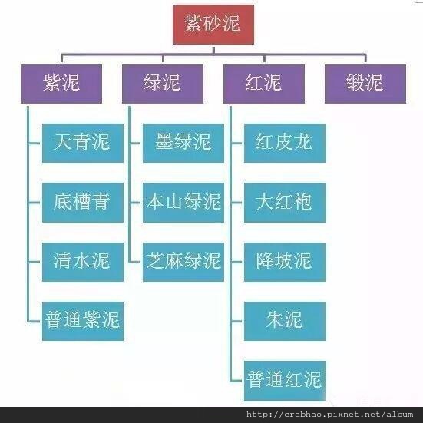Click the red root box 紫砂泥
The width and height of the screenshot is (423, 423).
pos(213,25)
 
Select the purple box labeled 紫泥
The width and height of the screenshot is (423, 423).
pos(61,84)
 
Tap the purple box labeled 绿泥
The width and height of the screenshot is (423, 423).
pos(163,84)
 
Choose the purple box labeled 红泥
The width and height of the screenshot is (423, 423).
pos(264,84)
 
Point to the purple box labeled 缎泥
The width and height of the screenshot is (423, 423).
pos(365,84)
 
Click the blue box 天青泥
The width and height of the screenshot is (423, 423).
pos(83,143)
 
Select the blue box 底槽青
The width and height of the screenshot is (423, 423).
pos(83,203)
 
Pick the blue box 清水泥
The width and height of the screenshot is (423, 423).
pos(83,262)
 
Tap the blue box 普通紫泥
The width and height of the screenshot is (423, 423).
pos(83,321)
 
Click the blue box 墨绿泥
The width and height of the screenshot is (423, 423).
pos(183,143)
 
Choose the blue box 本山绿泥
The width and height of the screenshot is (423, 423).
pos(183,203)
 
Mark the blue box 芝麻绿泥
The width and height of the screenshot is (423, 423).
pos(183,262)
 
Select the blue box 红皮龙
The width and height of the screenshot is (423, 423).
pos(285,143)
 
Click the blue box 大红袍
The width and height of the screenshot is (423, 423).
pos(285,203)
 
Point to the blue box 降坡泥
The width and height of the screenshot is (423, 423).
pos(285,262)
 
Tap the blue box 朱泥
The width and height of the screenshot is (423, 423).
pos(285,321)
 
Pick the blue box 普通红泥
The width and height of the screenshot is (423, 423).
pos(285,381)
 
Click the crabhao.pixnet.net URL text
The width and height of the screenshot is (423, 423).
pos(329,415)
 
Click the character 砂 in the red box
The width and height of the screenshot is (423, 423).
pos(213,24)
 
